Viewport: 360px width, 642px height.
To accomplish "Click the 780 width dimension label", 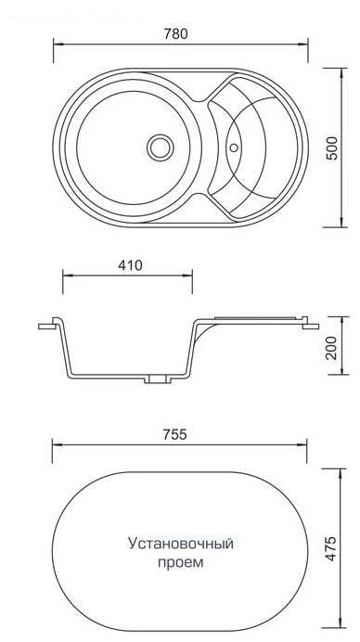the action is click(x=175, y=33).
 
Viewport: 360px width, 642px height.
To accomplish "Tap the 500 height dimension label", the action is click(x=332, y=148).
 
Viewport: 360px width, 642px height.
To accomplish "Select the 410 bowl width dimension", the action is click(x=130, y=265).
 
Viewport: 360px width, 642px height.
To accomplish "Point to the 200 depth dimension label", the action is click(x=332, y=347).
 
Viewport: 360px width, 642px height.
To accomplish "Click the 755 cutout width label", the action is click(x=174, y=434).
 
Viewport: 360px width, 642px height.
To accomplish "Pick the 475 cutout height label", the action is click(x=332, y=548).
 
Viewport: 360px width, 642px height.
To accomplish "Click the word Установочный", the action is click(x=181, y=544).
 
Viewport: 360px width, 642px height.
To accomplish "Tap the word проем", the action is click(x=181, y=562).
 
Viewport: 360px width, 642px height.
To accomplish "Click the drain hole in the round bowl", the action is click(x=161, y=148).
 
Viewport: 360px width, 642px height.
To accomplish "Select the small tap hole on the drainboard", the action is click(x=234, y=148).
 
